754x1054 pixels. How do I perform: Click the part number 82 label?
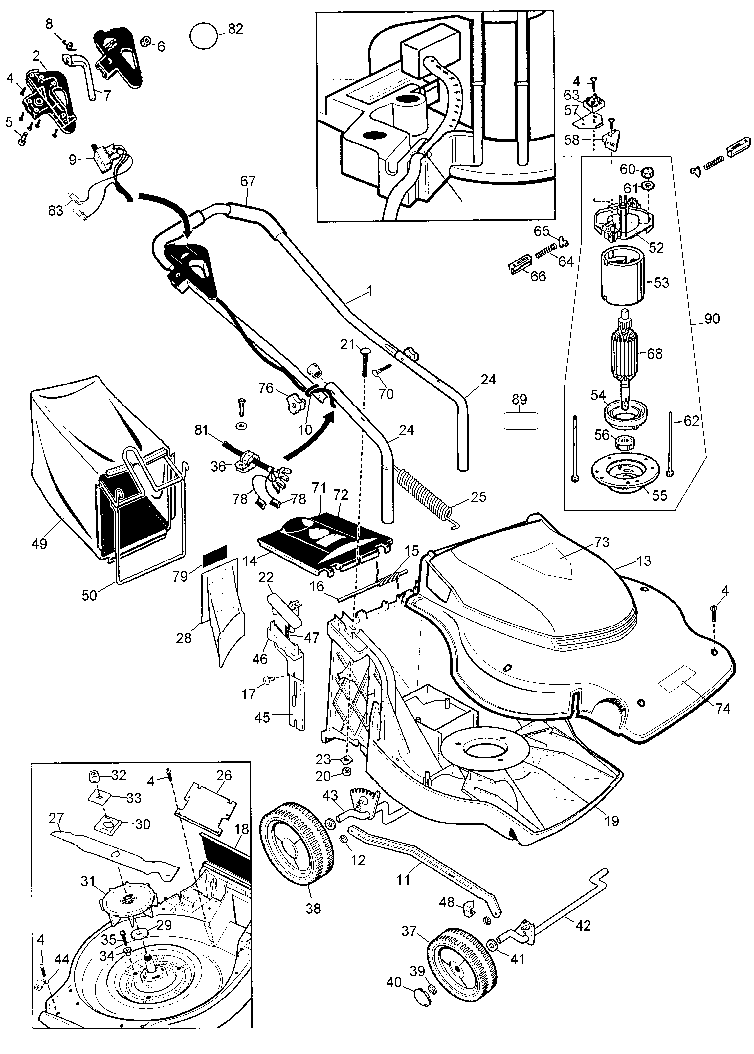pos(235,29)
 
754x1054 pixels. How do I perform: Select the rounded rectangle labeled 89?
pos(521,421)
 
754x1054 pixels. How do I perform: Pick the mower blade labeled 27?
pos(116,854)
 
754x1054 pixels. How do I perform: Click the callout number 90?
pos(712,319)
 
